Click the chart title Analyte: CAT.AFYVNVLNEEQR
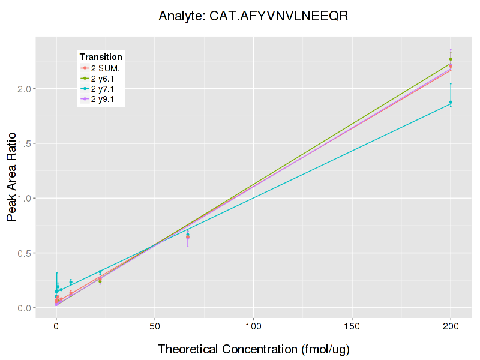click(253, 16)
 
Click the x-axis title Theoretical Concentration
click(253, 349)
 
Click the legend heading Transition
click(101, 57)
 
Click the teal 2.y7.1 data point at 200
click(451, 102)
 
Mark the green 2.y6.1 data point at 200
click(451, 59)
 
